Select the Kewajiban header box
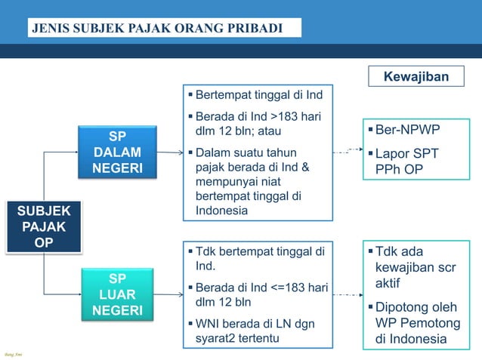click(416, 77)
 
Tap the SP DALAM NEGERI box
click(117, 152)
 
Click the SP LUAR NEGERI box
click(117, 294)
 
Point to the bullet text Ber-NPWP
click(407, 131)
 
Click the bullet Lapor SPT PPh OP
click(407, 162)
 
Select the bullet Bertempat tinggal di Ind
click(258, 97)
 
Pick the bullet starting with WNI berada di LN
click(258, 331)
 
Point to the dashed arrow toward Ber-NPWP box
click(348, 152)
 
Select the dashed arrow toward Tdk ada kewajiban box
click(348, 294)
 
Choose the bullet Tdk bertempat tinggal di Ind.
click(258, 259)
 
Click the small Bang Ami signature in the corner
click(11, 354)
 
